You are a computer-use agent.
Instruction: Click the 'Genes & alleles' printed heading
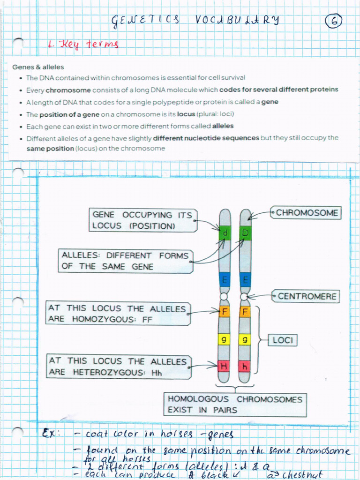(38, 67)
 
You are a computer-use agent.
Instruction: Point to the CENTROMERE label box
(307, 296)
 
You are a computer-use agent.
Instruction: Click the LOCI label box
(283, 340)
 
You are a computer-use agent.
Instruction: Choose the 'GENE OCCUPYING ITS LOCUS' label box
(142, 220)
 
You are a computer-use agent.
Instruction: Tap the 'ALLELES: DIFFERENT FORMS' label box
(125, 261)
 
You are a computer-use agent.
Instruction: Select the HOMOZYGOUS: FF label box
(119, 314)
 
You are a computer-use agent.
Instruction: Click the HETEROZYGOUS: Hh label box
(119, 367)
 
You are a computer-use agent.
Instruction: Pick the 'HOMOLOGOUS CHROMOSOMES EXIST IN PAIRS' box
(235, 405)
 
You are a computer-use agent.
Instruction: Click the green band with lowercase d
(225, 233)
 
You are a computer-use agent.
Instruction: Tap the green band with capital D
(245, 233)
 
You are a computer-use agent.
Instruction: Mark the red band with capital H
(224, 366)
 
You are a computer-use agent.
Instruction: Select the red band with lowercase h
(245, 366)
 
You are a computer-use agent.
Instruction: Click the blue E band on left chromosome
(225, 280)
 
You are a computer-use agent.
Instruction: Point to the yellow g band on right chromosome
(245, 339)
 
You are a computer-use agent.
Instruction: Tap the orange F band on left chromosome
(225, 312)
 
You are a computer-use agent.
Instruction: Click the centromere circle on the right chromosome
(244, 296)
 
